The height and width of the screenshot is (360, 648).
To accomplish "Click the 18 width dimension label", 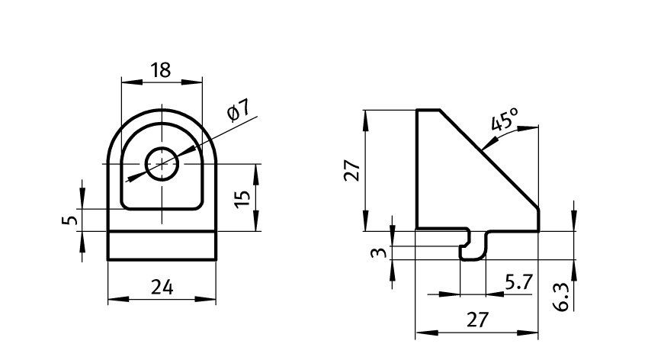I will (161, 71).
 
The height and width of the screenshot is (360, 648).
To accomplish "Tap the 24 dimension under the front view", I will (162, 288).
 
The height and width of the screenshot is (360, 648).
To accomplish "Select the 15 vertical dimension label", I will (243, 198).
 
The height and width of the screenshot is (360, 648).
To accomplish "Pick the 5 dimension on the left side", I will (69, 220).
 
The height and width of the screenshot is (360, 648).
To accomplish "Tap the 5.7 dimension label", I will (518, 282).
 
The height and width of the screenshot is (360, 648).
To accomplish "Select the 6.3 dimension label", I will (562, 296).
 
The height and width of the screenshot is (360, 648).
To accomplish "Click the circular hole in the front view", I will (162, 164).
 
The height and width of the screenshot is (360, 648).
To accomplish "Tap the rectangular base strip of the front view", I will (162, 245).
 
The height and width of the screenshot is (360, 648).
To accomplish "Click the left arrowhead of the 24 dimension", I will (113, 299).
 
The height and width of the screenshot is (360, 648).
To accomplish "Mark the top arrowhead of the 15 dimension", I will (255, 169).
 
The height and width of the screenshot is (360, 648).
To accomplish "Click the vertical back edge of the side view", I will (416, 169).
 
